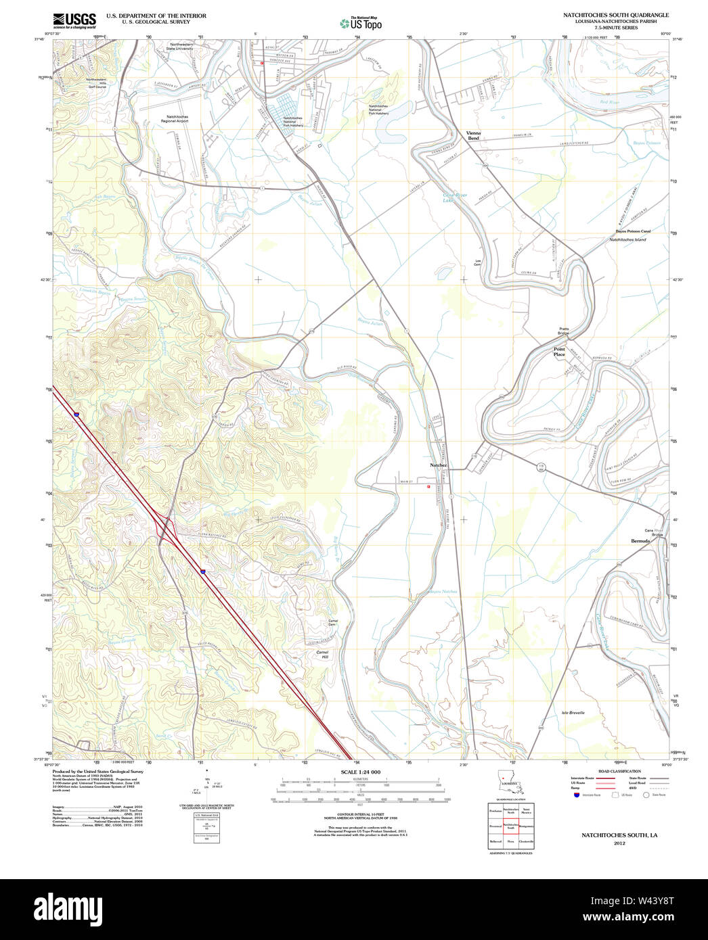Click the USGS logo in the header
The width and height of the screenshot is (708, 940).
pyautogui.click(x=74, y=20)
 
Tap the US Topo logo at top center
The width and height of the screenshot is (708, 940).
pyautogui.click(x=361, y=24)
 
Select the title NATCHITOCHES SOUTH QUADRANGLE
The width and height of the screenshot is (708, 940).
pyautogui.click(x=616, y=15)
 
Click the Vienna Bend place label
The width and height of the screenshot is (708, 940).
pyautogui.click(x=473, y=135)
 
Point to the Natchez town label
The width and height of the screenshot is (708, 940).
pyautogui.click(x=438, y=465)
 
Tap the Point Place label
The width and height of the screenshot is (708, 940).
pyautogui.click(x=559, y=352)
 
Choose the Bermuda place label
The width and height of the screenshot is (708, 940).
pyautogui.click(x=640, y=541)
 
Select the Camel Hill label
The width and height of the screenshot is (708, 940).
pyautogui.click(x=322, y=655)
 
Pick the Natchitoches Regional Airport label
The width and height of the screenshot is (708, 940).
pyautogui.click(x=175, y=119)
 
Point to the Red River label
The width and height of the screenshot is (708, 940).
pyautogui.click(x=609, y=102)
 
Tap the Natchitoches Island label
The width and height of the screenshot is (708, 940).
pyautogui.click(x=627, y=239)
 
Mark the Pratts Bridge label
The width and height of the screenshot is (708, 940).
pyautogui.click(x=564, y=331)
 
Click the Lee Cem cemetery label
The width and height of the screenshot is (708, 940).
pyautogui.click(x=478, y=262)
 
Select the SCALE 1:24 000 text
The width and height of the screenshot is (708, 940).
pyautogui.click(x=360, y=772)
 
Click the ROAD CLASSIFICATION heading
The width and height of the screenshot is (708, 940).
pyautogui.click(x=619, y=772)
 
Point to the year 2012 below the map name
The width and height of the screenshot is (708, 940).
pyautogui.click(x=619, y=843)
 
